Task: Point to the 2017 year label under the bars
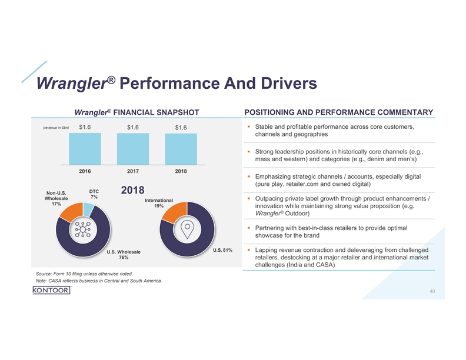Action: [x=133, y=172]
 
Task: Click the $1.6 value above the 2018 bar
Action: [x=181, y=128]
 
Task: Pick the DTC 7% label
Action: [x=94, y=194]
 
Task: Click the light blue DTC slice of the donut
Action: [x=88, y=209]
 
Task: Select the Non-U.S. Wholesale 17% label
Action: [x=56, y=198]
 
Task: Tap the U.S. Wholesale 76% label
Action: [x=124, y=256]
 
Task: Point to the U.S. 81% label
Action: [x=222, y=251]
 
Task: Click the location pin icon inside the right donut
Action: [x=187, y=230]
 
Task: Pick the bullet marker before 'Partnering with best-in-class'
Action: [x=249, y=228]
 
